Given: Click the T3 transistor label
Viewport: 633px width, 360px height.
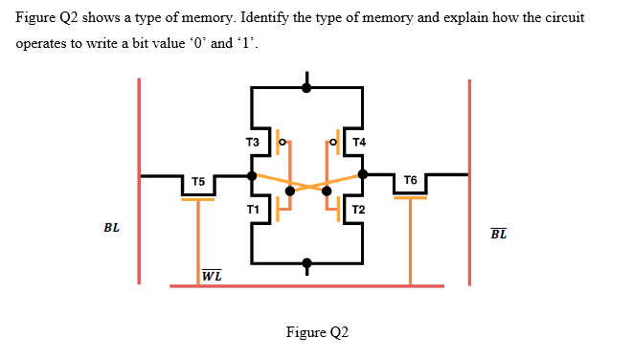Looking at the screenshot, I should coord(253,143).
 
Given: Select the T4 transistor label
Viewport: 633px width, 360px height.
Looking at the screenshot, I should coord(359,143).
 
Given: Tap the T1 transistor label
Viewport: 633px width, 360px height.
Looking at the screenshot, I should coord(253,209).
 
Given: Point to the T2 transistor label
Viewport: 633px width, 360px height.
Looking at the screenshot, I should coord(358,209).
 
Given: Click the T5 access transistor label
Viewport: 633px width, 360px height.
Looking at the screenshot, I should coord(198,181).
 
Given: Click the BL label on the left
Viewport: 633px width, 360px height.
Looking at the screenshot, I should coord(112,229).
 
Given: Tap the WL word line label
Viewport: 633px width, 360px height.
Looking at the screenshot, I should coord(213,276).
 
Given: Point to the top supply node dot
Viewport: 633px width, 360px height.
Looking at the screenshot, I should coord(306,87).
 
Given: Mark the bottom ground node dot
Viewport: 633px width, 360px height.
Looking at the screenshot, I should coord(306,262).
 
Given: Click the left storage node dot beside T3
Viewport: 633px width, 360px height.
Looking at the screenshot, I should coord(251,175).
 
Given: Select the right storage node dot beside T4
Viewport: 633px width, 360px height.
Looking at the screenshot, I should coord(363,175).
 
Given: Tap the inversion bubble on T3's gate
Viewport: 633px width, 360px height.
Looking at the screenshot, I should coord(281,142).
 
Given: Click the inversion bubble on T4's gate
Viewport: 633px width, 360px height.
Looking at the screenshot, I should coord(332,142).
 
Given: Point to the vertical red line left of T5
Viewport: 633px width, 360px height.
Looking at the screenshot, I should coord(141,182).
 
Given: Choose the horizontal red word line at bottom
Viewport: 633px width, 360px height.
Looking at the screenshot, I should coord(306,285).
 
